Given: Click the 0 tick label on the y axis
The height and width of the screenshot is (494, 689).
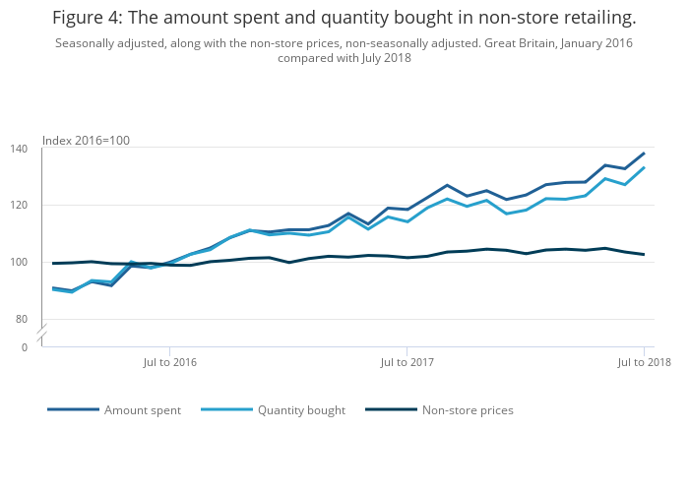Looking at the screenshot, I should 25,347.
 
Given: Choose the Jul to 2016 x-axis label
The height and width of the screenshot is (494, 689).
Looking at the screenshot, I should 170,362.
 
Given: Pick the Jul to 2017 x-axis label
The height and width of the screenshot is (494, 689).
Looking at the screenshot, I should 407,362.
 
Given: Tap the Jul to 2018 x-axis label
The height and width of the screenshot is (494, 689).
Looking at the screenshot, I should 644,362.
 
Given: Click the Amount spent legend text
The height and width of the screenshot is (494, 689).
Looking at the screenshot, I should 143,410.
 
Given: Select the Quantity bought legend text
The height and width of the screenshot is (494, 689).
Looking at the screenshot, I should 301,410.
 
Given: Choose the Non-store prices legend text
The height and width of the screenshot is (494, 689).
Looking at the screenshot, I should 468,410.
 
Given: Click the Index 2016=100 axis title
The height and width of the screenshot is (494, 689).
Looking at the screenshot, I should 86,141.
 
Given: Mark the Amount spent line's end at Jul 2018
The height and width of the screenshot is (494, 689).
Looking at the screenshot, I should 644,154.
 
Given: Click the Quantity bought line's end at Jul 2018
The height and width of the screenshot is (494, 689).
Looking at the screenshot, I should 644,167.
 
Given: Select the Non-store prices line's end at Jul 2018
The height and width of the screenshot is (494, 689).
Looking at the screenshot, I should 644,254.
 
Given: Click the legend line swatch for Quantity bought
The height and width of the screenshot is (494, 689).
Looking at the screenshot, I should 226,410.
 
